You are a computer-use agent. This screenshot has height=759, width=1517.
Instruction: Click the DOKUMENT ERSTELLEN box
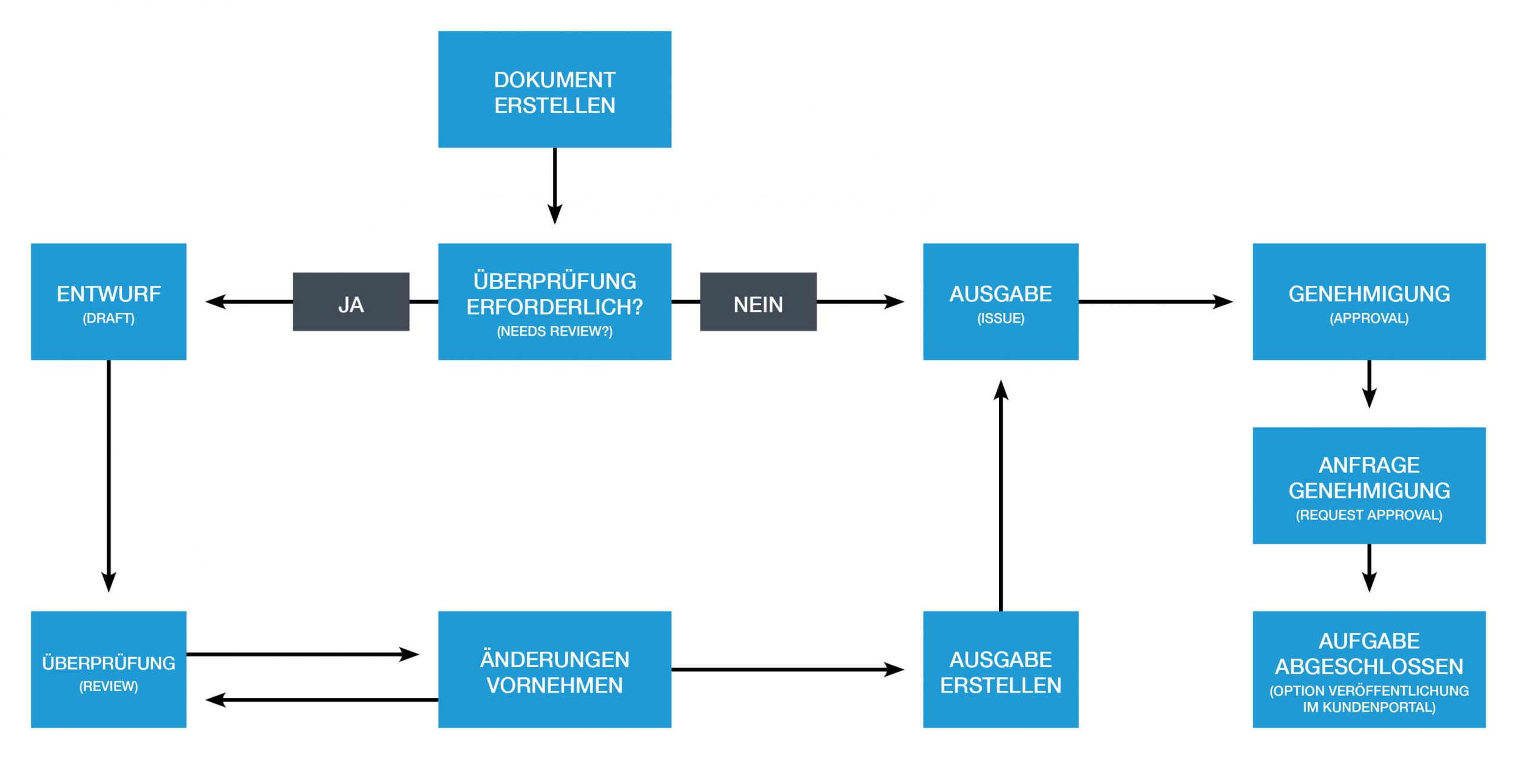(554, 90)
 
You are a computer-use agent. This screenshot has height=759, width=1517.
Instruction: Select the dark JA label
(351, 302)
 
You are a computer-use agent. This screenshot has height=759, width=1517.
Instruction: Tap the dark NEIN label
(758, 302)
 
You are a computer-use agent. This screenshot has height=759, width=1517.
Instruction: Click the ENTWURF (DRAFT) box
(108, 301)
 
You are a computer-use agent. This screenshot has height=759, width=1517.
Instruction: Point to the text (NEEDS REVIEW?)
(554, 331)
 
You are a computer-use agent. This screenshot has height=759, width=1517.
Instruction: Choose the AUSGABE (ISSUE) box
(1000, 301)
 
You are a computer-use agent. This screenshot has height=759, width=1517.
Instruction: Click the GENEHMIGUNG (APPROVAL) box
(1369, 301)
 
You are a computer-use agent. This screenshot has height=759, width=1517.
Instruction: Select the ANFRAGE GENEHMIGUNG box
(1369, 485)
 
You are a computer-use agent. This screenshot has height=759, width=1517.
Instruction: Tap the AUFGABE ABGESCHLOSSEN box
(1369, 669)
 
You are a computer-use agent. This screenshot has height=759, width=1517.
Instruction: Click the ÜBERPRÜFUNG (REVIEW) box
(108, 669)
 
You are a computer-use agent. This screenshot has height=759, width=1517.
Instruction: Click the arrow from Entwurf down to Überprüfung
(108, 474)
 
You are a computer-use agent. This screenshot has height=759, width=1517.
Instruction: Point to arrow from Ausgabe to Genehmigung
(1156, 301)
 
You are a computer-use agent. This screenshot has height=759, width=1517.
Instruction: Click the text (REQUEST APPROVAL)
(1369, 515)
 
